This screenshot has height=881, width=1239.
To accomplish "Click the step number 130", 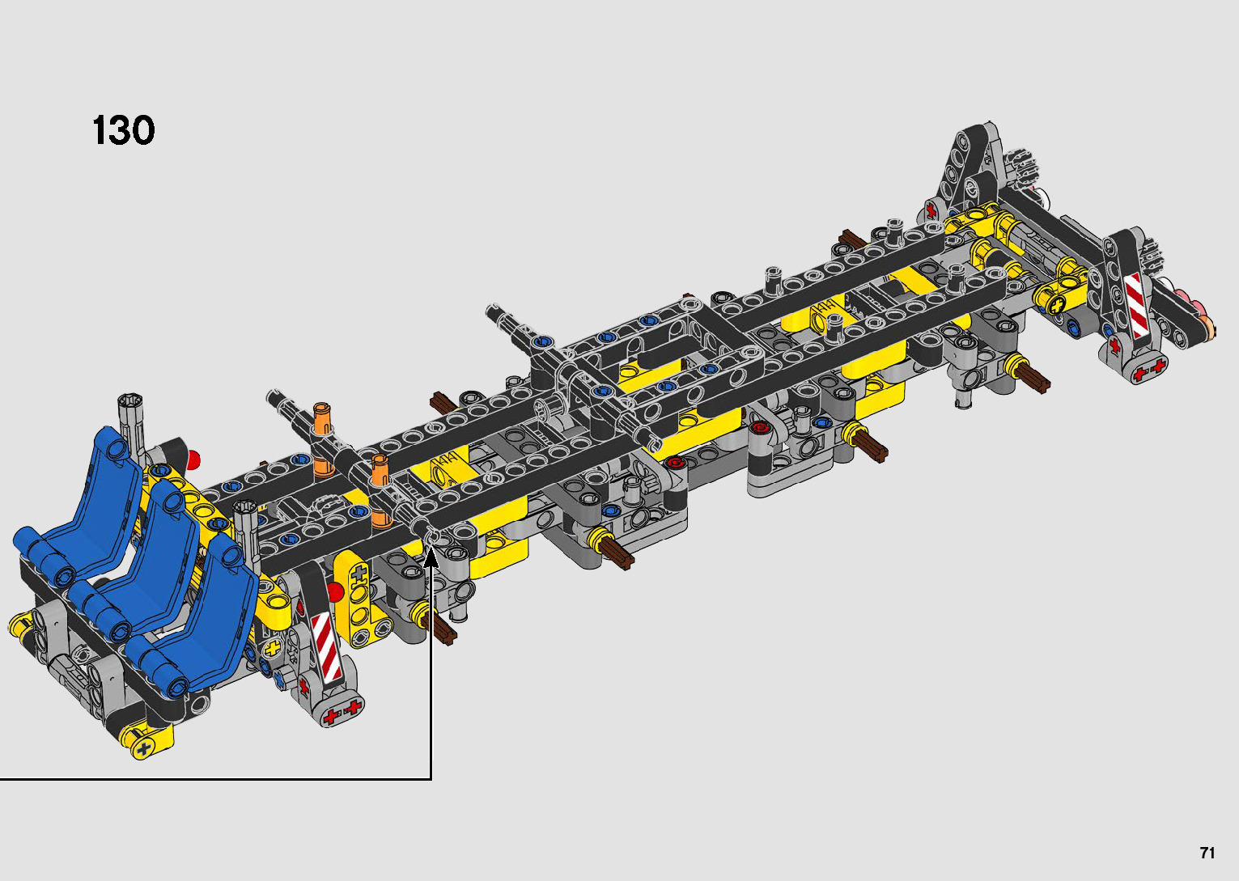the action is tap(123, 131).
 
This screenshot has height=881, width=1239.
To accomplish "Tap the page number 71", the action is tap(1207, 853).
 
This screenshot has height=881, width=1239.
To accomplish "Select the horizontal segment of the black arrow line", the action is tap(216, 780).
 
